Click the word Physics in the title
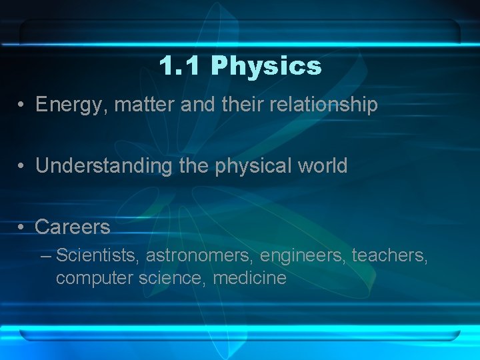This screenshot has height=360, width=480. pyautogui.click(x=266, y=67)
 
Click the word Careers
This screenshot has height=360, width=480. pyautogui.click(x=73, y=227)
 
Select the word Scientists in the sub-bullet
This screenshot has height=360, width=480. pyautogui.click(x=98, y=255)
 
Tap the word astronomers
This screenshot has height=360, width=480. pyautogui.click(x=200, y=255)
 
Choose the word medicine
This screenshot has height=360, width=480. pyautogui.click(x=249, y=277)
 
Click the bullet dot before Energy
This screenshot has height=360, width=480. pyautogui.click(x=22, y=105)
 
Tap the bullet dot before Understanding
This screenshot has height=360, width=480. pyautogui.click(x=22, y=166)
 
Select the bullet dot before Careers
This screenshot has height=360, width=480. pyautogui.click(x=22, y=227)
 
